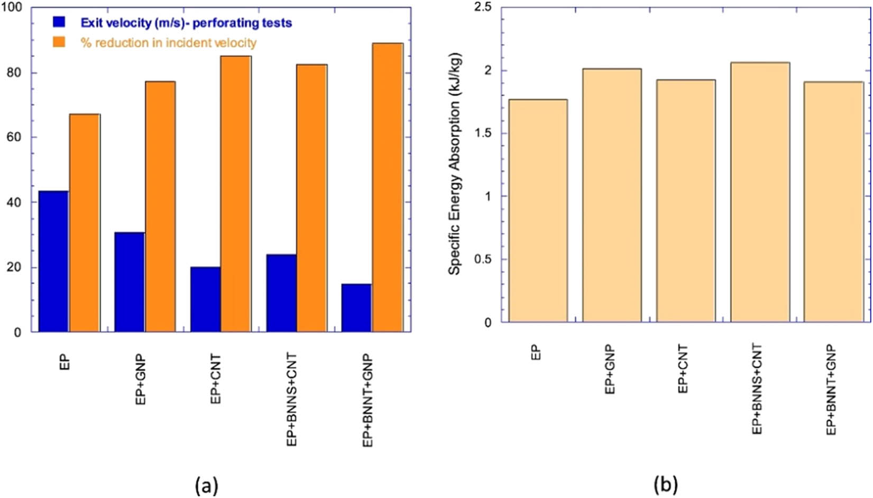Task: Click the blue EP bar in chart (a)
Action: point(53,261)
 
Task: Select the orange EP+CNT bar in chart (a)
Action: point(236,194)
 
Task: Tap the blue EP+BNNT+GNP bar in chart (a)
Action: point(356,308)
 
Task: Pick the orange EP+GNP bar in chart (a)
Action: point(160,206)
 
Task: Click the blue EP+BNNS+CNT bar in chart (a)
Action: point(281,293)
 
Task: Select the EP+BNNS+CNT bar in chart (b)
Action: point(760,192)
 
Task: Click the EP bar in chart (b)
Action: point(538,211)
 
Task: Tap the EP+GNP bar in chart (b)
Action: point(612,195)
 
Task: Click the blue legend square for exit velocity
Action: point(59,22)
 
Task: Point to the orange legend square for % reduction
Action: point(59,42)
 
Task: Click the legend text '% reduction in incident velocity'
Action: point(168,43)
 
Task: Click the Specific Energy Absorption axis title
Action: point(454,163)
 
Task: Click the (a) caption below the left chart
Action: point(206,484)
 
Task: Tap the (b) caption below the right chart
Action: point(666,484)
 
